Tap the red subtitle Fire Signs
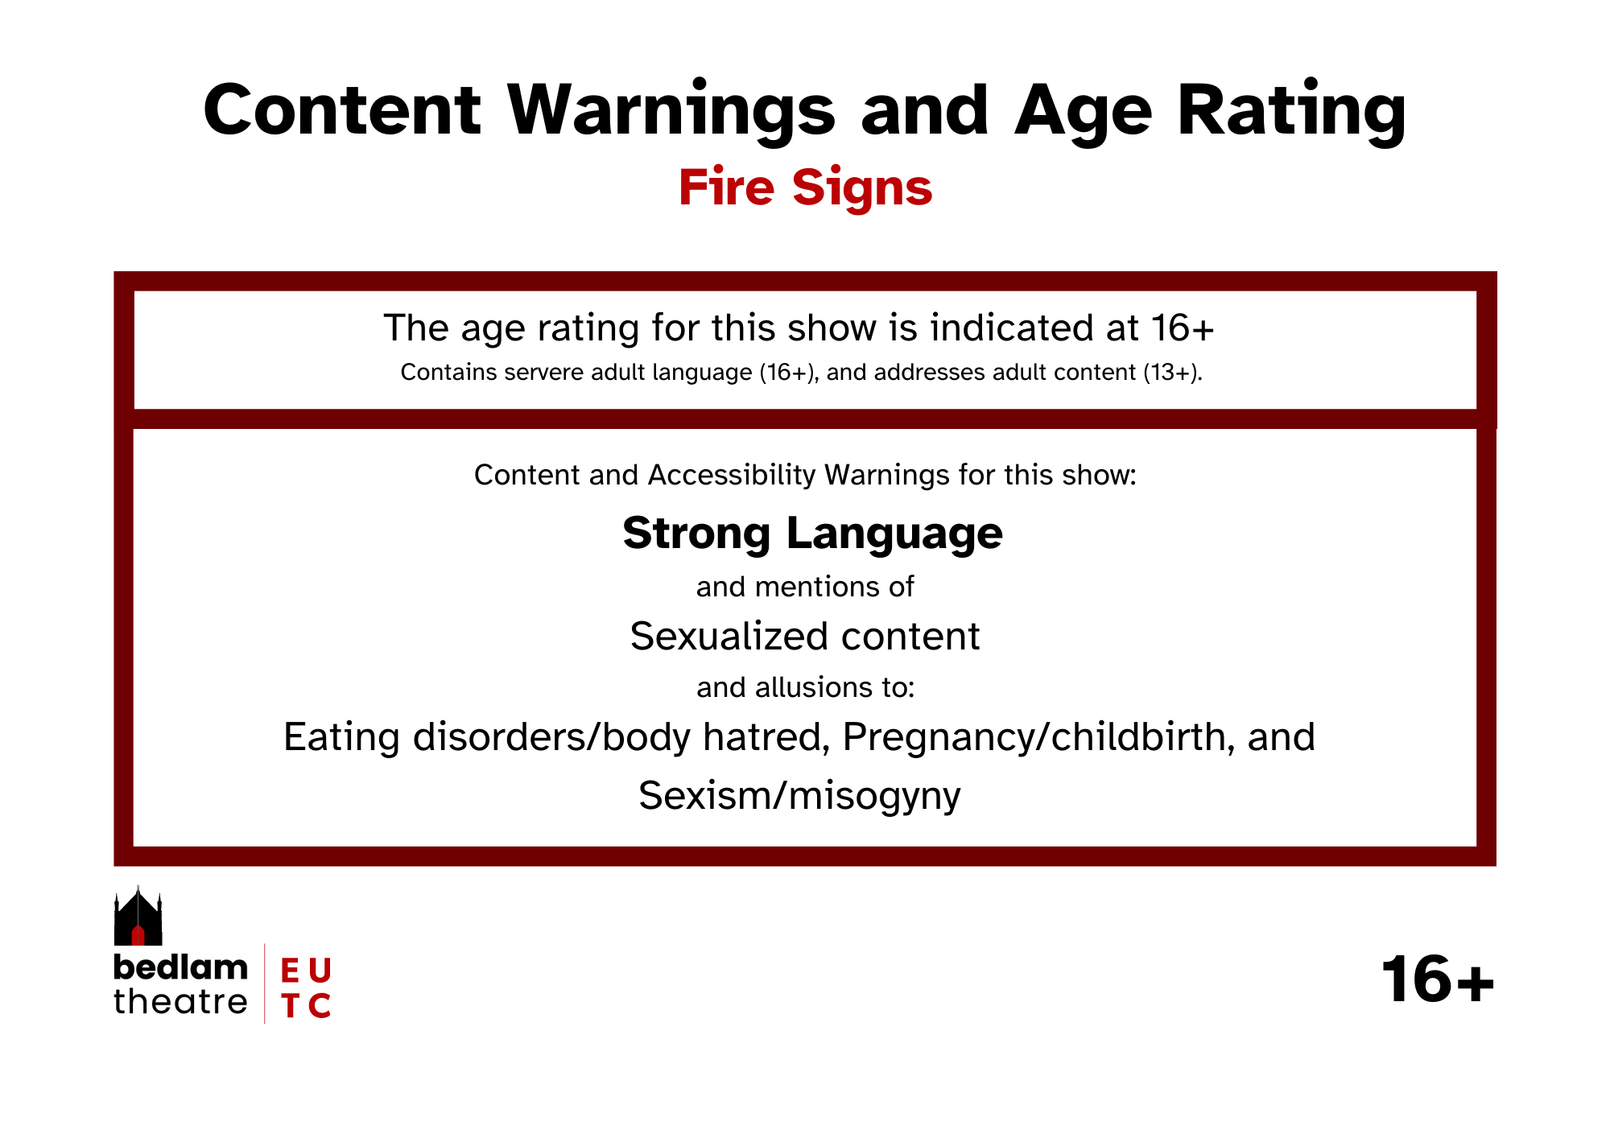(x=805, y=188)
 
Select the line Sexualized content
(x=805, y=636)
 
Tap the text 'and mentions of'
(x=805, y=587)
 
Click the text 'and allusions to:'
(x=806, y=687)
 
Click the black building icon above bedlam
(x=138, y=916)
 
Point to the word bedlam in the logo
(x=180, y=967)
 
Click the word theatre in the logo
(x=180, y=1002)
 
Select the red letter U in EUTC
(x=320, y=971)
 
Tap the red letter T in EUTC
(x=291, y=1006)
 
